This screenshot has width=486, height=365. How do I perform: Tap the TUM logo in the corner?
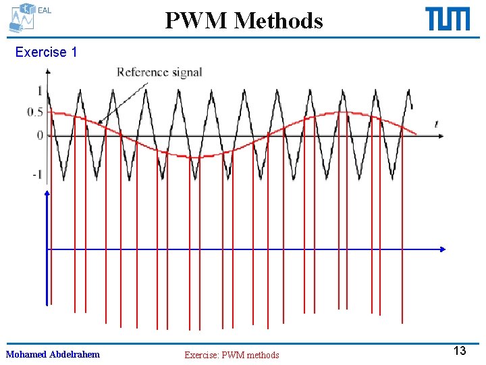tap(448, 19)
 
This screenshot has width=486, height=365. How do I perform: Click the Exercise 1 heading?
tap(46, 52)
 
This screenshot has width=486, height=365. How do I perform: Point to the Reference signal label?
tap(159, 72)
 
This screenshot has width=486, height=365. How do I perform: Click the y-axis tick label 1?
tap(40, 91)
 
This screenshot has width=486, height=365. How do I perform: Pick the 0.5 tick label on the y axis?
tap(35, 112)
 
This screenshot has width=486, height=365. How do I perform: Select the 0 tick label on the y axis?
tap(40, 135)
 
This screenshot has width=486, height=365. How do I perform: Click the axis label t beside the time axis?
tap(436, 124)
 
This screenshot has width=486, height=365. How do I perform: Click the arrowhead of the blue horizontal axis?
tap(442, 249)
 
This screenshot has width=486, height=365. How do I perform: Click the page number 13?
tap(459, 351)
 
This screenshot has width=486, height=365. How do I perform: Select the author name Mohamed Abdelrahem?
tap(53, 354)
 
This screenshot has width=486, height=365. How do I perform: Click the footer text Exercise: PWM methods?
tap(232, 355)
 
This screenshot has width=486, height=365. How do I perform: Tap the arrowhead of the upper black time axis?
tap(441, 136)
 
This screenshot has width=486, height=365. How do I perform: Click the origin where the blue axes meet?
tap(47, 249)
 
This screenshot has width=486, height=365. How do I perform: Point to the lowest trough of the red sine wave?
tap(194, 157)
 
